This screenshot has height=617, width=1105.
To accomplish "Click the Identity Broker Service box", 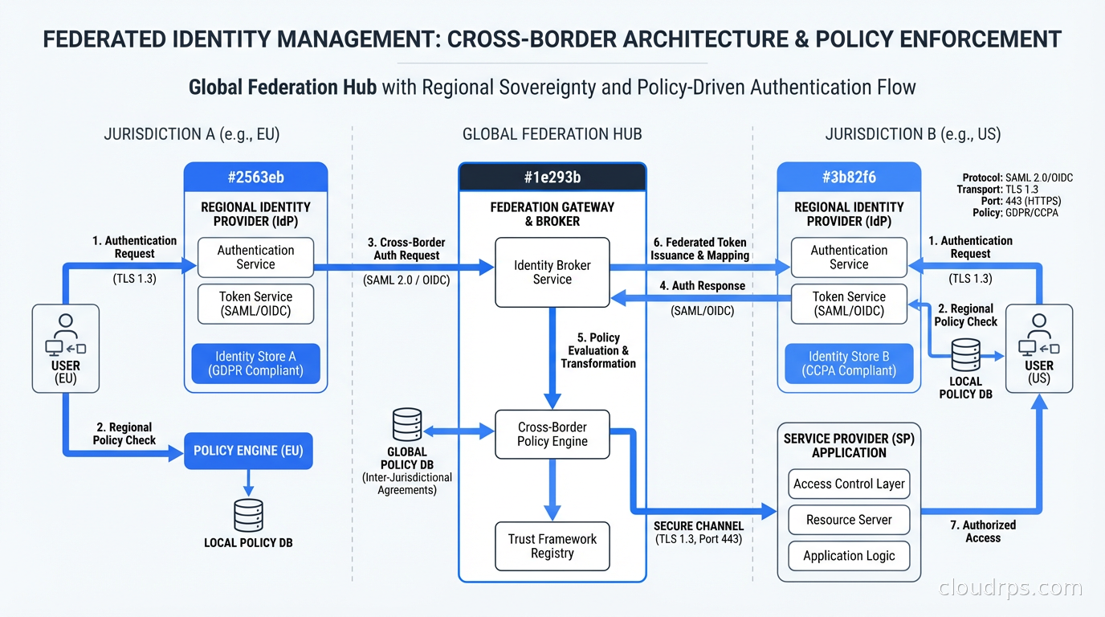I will click(x=552, y=272).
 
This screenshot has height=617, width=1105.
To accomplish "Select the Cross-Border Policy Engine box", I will click(x=552, y=435).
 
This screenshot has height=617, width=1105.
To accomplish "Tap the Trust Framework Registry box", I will click(x=552, y=546).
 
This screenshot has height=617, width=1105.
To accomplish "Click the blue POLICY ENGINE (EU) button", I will click(x=248, y=451).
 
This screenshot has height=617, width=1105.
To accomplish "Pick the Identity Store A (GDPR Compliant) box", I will click(x=255, y=364).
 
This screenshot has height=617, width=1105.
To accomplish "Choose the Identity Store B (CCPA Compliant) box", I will click(x=849, y=364).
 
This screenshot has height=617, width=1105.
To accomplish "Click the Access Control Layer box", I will click(x=849, y=484).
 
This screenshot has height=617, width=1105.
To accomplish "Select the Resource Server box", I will click(x=849, y=520).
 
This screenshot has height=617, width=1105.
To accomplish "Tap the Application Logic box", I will click(x=849, y=556).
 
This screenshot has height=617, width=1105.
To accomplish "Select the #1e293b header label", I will click(x=552, y=178).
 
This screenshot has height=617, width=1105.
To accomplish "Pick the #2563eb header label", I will click(x=255, y=178).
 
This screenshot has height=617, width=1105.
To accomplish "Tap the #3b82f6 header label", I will click(x=849, y=178).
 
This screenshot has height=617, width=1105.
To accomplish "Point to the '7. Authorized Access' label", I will click(x=982, y=531).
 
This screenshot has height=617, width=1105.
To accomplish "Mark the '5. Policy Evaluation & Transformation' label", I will click(x=598, y=350).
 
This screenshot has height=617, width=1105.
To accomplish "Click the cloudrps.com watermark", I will click(x=1010, y=588).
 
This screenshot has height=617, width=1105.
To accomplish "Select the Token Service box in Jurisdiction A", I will click(x=255, y=304).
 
